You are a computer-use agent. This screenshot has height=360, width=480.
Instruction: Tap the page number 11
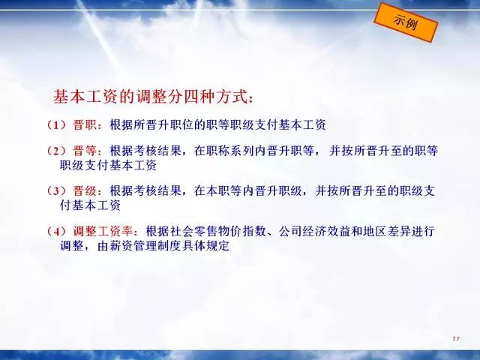click(x=455, y=340)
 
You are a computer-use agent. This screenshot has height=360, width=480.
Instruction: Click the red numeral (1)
click(x=55, y=124)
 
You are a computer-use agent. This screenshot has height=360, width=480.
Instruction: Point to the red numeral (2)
click(x=55, y=151)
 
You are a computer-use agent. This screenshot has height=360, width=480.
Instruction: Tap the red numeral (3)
click(x=55, y=190)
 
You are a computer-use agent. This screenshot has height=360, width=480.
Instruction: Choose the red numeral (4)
click(x=55, y=230)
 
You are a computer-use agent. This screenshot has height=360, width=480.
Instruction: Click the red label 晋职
click(x=86, y=124)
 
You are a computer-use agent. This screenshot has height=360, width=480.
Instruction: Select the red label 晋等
click(x=86, y=151)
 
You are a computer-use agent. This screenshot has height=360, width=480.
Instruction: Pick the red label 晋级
click(x=86, y=190)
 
